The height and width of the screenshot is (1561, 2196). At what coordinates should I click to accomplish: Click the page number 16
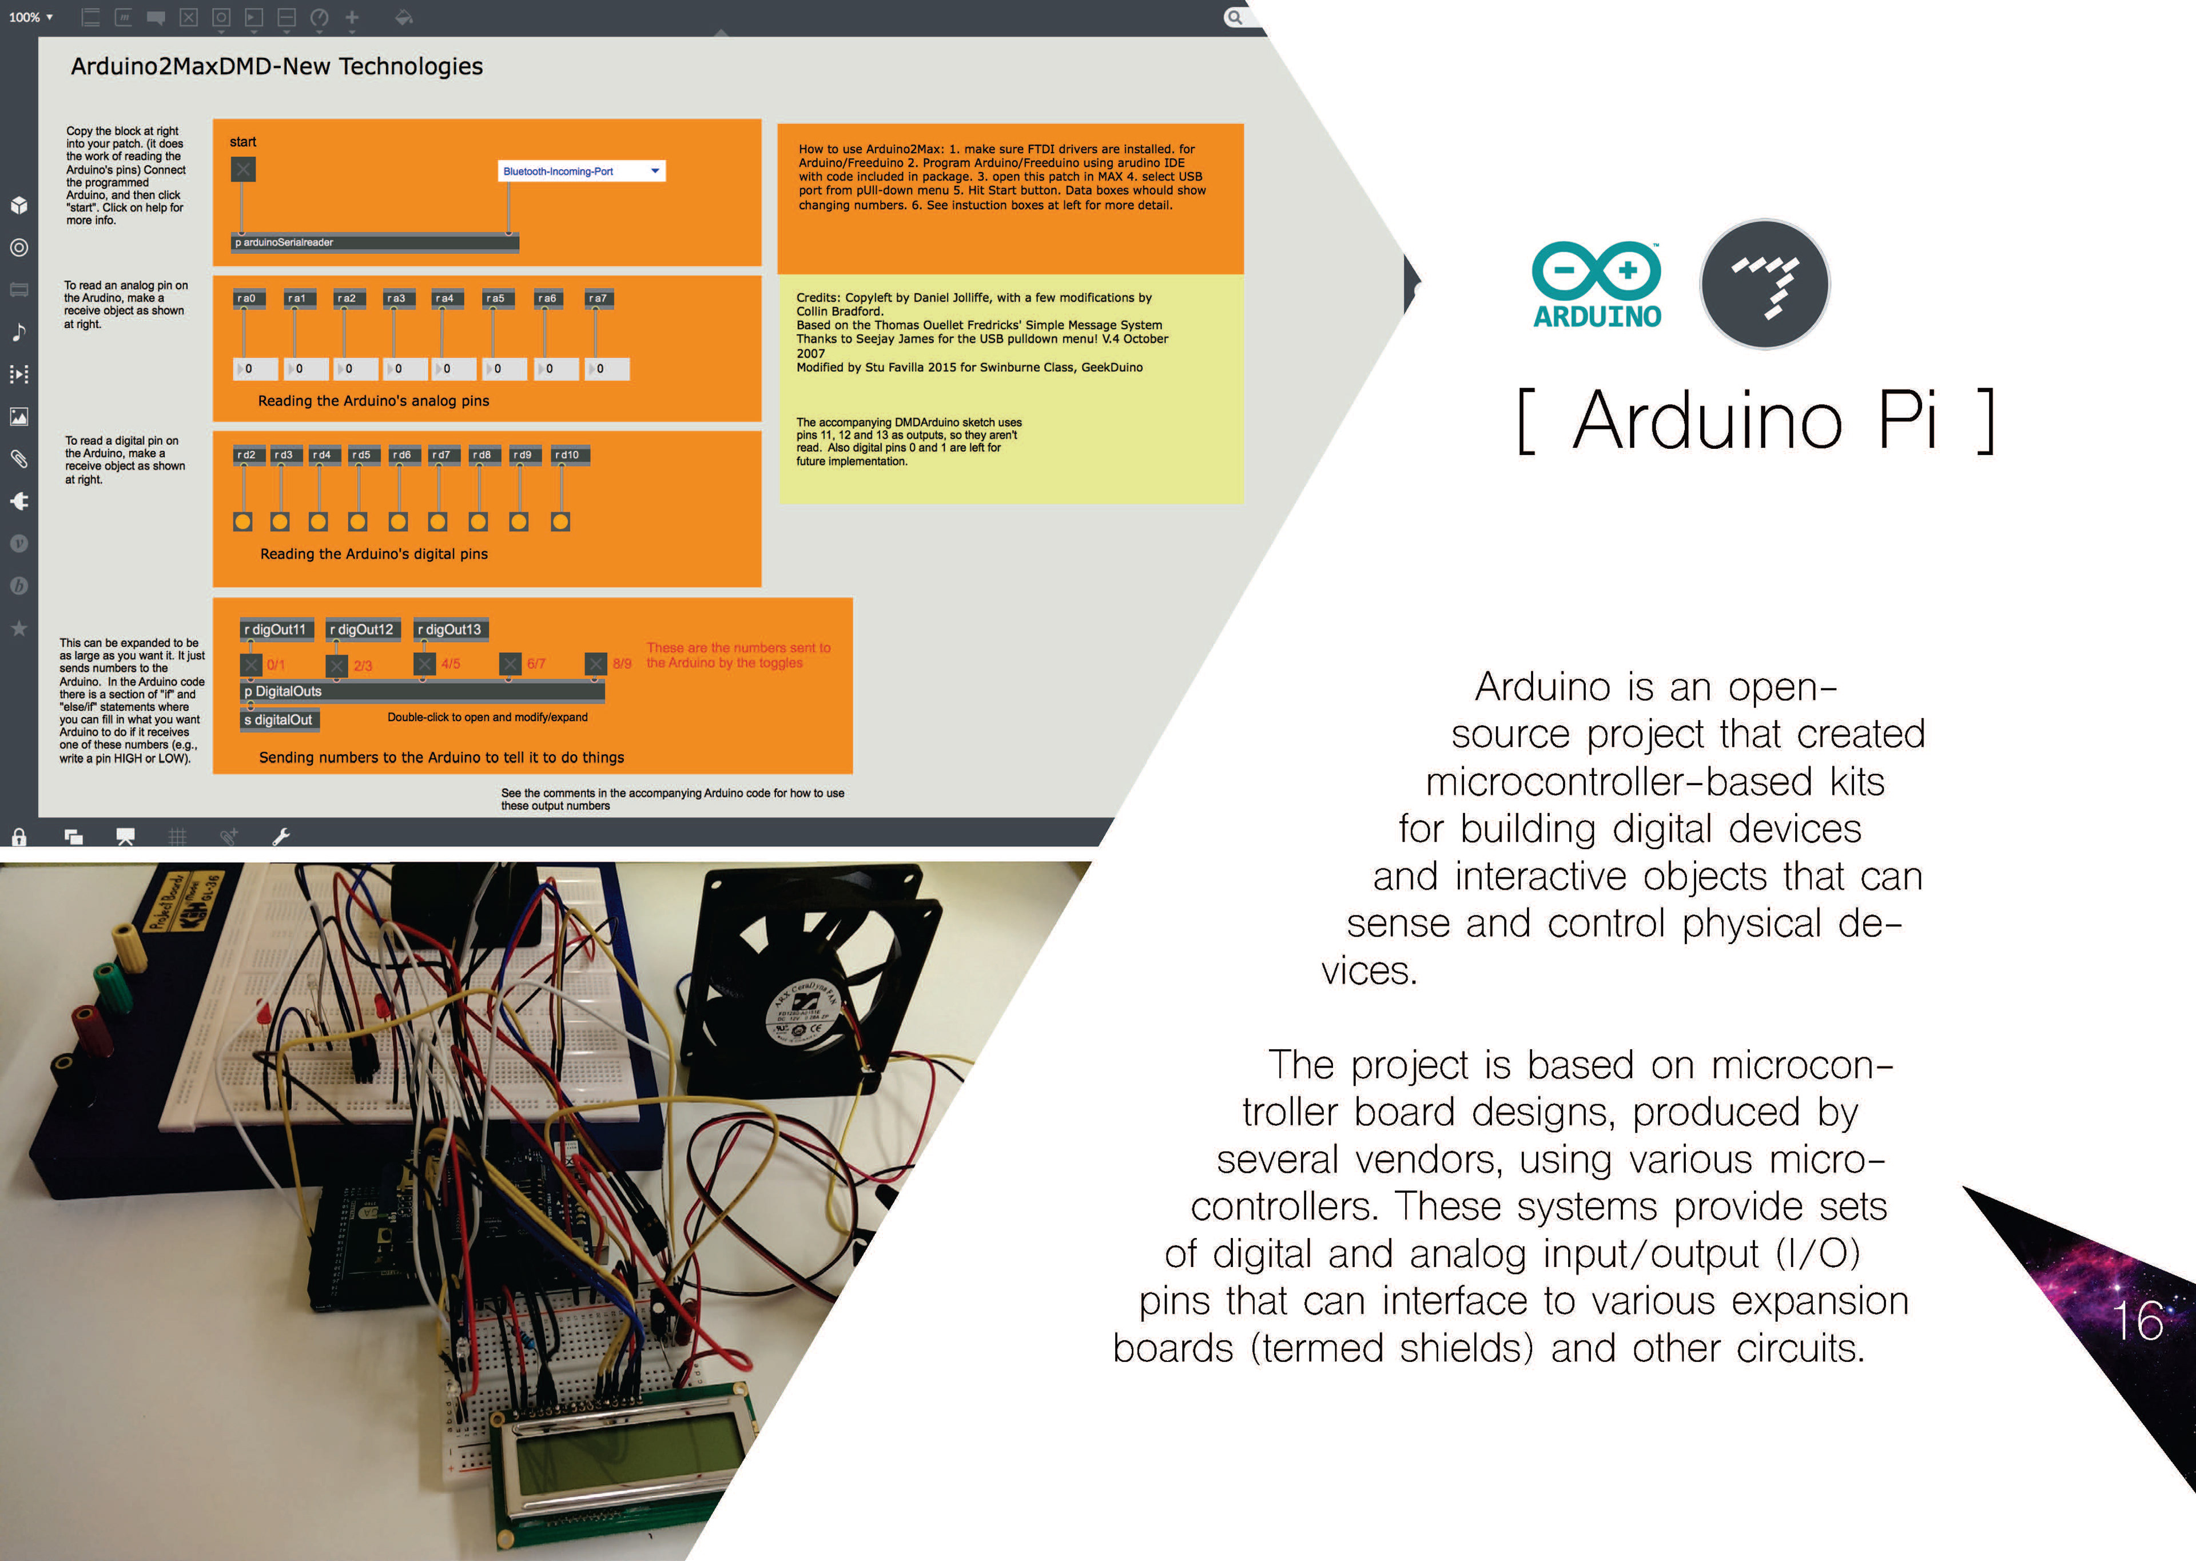(x=2137, y=1321)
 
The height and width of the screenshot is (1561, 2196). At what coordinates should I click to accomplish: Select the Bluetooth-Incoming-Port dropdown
(x=580, y=171)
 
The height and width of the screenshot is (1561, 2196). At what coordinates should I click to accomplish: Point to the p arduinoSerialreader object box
(x=375, y=242)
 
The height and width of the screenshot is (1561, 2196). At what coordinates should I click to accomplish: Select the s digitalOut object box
(x=279, y=720)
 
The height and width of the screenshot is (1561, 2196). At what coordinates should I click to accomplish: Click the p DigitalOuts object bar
(x=422, y=691)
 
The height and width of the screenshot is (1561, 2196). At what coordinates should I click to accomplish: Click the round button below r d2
(x=243, y=522)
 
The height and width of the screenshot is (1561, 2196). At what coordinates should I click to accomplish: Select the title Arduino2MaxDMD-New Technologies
(x=277, y=66)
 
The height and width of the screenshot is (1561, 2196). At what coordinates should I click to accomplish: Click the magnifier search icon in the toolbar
(x=1235, y=17)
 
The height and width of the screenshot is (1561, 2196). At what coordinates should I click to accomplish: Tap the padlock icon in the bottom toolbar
(x=18, y=836)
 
